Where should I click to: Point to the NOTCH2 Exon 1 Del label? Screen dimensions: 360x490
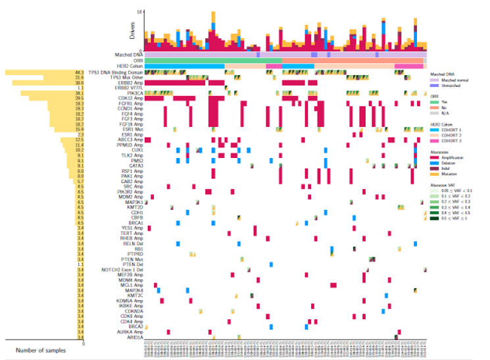coord(122,269)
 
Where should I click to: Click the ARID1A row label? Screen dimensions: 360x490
coord(134,338)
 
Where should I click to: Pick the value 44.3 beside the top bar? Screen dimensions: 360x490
coord(79,72)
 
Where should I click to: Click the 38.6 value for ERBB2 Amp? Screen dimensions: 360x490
coord(79,82)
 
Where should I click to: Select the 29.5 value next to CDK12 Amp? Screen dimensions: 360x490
coord(79,98)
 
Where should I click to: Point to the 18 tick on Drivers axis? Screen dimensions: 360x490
coord(140,12)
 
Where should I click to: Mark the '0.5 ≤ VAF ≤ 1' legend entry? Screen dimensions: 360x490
coord(453,218)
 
